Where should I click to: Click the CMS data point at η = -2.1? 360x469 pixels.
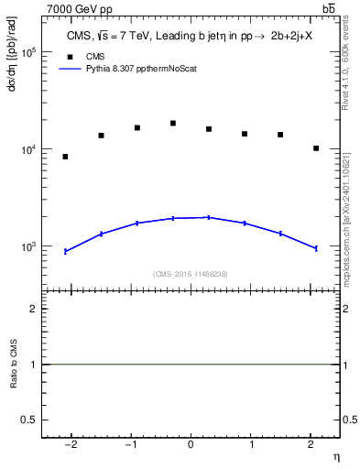click(65, 157)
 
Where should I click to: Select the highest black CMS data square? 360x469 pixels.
click(173, 123)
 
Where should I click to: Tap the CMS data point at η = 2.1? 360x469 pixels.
click(316, 148)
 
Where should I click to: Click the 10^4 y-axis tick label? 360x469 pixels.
click(29, 149)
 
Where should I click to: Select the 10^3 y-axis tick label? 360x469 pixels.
click(29, 246)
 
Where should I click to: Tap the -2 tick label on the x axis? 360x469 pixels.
click(70, 444)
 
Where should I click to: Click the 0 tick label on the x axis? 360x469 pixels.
click(191, 444)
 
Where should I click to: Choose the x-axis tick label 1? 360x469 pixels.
click(250, 444)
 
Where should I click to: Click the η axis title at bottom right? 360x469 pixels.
click(335, 455)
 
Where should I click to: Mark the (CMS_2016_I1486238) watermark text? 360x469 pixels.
click(191, 274)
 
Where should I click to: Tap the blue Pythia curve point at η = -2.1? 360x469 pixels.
click(65, 251)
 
